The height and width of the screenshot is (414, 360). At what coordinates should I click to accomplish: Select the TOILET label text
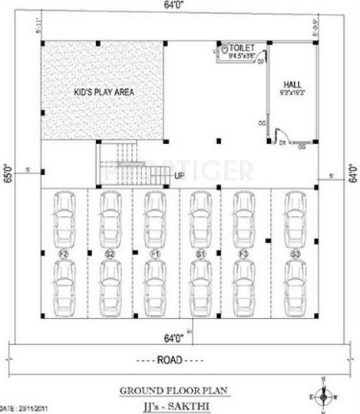point(243,48)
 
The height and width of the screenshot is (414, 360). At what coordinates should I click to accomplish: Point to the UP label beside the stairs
point(179,176)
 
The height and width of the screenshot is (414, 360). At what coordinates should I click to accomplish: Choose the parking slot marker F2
point(64,253)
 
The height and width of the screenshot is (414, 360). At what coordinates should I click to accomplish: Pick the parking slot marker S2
point(110,253)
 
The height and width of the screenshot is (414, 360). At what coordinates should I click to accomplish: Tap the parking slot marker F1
point(154,253)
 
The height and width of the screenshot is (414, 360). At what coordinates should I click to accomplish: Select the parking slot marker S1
point(200,253)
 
